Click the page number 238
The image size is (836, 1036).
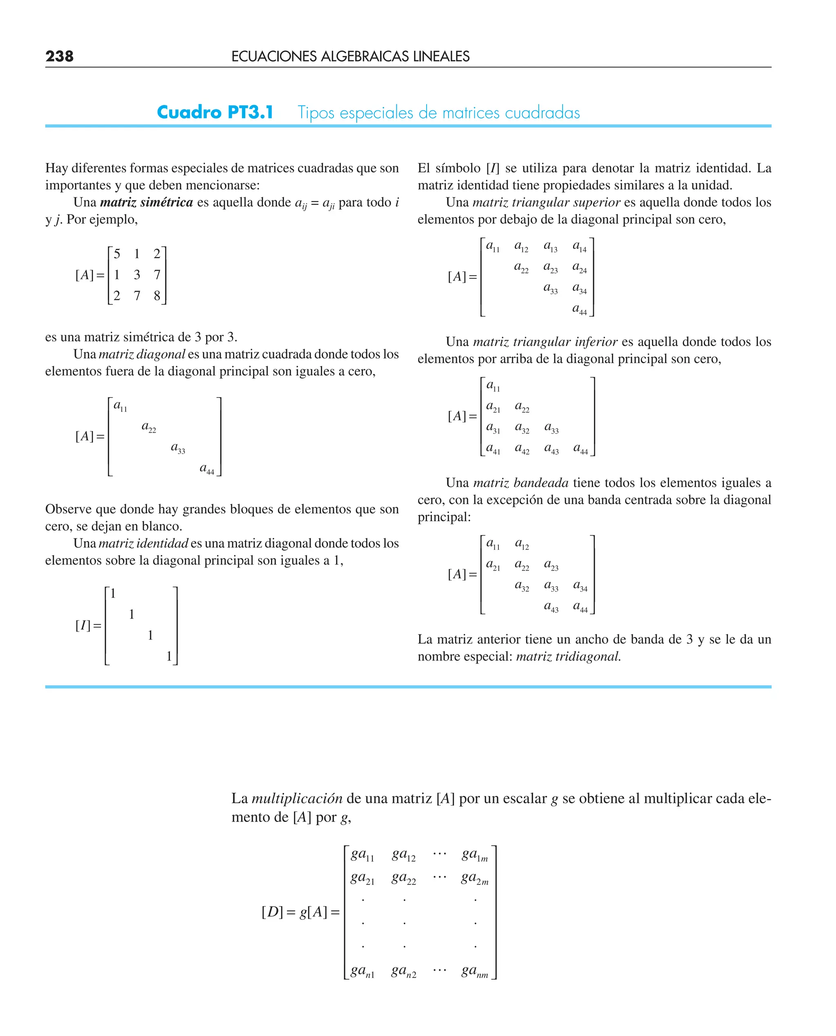coord(59,56)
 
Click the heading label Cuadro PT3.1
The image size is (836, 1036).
coord(215,112)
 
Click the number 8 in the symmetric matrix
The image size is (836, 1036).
coord(157,295)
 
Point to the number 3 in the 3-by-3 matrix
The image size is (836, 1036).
coord(137,275)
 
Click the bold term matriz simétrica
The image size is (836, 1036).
coord(147,202)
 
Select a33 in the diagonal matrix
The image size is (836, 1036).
coord(178,448)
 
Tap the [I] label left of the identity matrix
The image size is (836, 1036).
coord(83,625)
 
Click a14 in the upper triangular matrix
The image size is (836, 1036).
coord(579,247)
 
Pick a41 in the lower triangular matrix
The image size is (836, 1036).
coord(493,449)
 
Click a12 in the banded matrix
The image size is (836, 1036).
coord(522,544)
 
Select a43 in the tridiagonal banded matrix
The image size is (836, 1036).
coord(551,607)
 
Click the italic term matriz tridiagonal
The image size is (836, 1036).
coord(568,656)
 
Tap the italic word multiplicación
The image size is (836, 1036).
coord(297,798)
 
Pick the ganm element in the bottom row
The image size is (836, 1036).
coord(474,971)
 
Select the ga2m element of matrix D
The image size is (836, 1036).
coord(474,878)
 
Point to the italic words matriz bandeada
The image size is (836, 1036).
coord(520,483)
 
